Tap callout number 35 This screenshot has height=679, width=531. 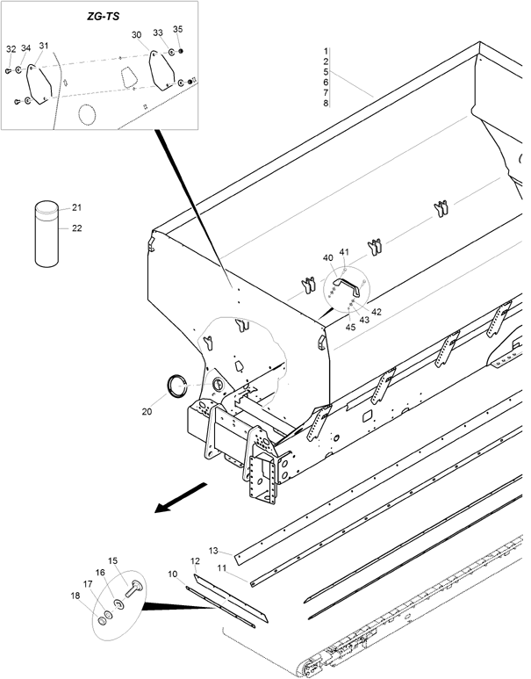coord(178,29)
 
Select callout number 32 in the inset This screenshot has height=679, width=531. coord(11,49)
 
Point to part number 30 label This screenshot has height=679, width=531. coord(136,34)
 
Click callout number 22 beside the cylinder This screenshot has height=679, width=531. coord(76,228)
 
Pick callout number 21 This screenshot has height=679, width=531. coord(76,207)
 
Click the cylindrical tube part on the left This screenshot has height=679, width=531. coord(47,234)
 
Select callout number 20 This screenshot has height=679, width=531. coord(147,411)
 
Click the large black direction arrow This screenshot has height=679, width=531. coord(182,497)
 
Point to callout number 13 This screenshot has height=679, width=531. coord(213,551)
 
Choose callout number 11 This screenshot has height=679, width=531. coord(222,567)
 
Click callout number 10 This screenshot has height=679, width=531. coord(173,574)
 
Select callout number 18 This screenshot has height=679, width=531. coord(75,596)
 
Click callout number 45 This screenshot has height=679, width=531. coord(350,327)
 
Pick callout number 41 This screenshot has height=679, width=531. coord(344,251)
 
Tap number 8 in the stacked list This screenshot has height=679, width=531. coord(326,103)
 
